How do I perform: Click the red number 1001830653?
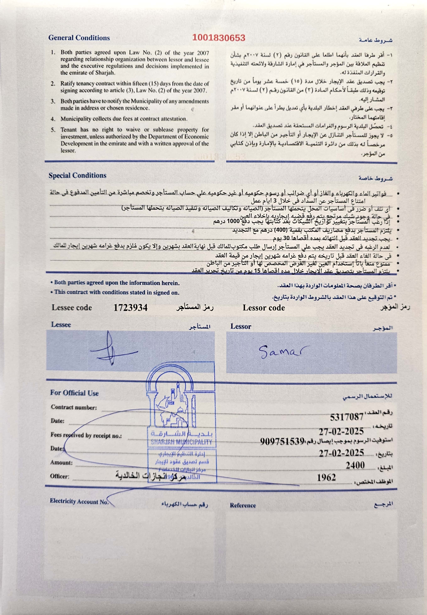(x=219, y=38)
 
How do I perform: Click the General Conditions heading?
(x=79, y=38)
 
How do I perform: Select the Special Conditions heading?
(x=77, y=175)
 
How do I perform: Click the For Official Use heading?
(x=74, y=393)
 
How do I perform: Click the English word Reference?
(x=243, y=505)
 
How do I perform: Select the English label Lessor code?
(x=264, y=308)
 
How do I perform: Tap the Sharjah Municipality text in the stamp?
(x=181, y=442)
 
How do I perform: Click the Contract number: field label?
(x=74, y=407)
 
